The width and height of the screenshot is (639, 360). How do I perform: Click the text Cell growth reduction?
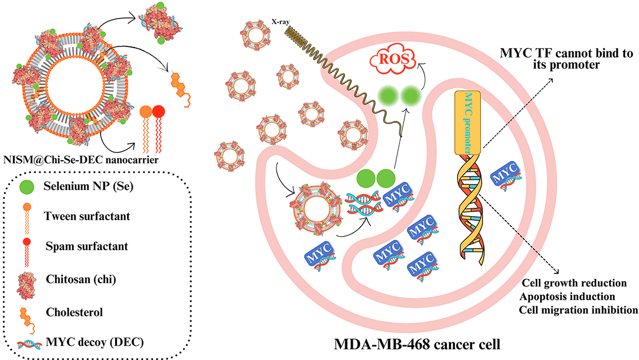tap(574, 283)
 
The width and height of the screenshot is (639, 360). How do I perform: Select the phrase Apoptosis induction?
tap(566, 297)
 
